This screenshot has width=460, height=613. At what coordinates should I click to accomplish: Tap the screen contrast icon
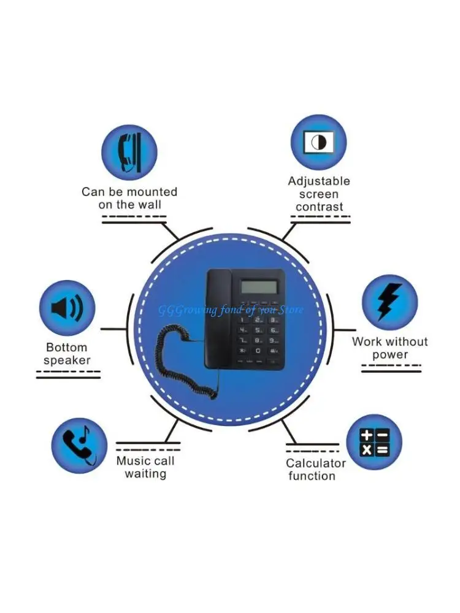(x=318, y=142)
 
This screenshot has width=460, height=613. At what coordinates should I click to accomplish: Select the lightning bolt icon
(x=389, y=302)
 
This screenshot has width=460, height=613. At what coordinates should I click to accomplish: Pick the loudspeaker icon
(x=67, y=308)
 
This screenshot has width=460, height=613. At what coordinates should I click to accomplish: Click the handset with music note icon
(x=79, y=444)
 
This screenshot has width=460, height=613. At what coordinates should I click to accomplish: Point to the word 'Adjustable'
(x=319, y=181)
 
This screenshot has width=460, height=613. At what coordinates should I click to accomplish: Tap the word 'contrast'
(x=320, y=207)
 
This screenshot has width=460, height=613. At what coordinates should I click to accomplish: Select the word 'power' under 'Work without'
(x=389, y=355)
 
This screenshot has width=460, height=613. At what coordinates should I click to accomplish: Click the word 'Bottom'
(x=67, y=348)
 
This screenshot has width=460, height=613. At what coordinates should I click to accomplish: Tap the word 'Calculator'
(x=316, y=463)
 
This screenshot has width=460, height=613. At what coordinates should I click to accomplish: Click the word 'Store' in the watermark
(x=291, y=310)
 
